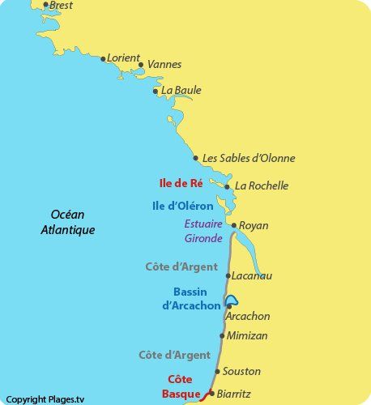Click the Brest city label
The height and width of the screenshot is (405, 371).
pyautogui.click(x=61, y=6)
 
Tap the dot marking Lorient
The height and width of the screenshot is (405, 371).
pyautogui.click(x=103, y=58)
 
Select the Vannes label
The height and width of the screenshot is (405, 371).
pyautogui.click(x=164, y=65)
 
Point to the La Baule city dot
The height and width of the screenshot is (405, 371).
pyautogui.click(x=156, y=91)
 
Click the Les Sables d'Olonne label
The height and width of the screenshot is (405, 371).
pyautogui.click(x=249, y=158)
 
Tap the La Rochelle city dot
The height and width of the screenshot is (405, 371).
pyautogui.click(x=227, y=186)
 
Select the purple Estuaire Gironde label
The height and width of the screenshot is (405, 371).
pyautogui.click(x=203, y=231)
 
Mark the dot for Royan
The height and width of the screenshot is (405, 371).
pyautogui.click(x=233, y=226)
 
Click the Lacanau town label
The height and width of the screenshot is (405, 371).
pyautogui.click(x=253, y=276)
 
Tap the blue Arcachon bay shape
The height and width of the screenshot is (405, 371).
pyautogui.click(x=232, y=300)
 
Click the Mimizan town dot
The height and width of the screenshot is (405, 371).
pyautogui.click(x=223, y=335)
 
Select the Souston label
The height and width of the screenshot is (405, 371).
pyautogui.click(x=241, y=371)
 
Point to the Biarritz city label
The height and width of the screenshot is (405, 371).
pyautogui.click(x=234, y=394)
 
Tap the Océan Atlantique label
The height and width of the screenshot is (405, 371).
pyautogui.click(x=68, y=222)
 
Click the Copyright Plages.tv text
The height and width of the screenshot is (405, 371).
pyautogui.click(x=46, y=399)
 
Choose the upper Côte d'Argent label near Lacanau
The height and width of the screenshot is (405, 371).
pyautogui.click(x=181, y=266)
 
